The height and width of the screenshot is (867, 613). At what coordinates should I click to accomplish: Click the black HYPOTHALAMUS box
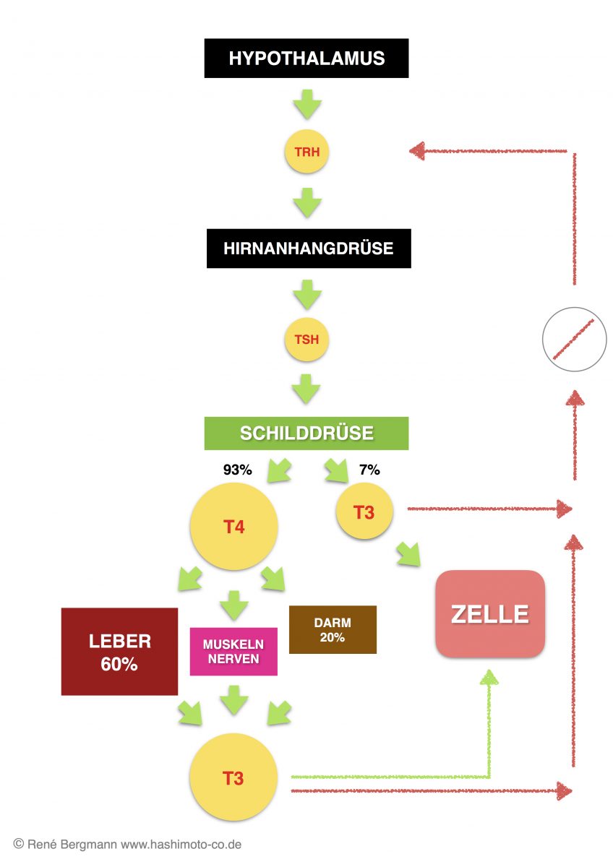pos(306,59)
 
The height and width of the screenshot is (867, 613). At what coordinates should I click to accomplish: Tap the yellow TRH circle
pos(306,152)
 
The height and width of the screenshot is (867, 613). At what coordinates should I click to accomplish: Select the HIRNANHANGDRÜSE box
pos(308,249)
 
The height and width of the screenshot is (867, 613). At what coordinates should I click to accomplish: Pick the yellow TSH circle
pos(306,340)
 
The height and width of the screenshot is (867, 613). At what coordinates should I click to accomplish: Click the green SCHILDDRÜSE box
pos(306,433)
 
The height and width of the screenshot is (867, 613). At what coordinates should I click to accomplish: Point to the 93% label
pos(237,470)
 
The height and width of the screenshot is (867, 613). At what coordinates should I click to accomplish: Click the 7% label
pos(369,470)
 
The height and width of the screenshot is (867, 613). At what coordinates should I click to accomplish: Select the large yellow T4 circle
pos(233,527)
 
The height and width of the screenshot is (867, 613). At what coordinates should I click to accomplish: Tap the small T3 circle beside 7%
pos(364,513)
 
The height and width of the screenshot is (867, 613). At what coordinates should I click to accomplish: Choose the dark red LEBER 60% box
pos(119,652)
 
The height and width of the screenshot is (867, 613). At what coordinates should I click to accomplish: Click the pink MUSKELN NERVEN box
pos(233,651)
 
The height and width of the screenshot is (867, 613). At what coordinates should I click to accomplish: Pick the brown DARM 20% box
pos(333,629)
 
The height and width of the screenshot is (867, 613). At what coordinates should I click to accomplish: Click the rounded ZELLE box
pos(489,614)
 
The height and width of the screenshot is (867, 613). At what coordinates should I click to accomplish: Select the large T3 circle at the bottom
pos(233,778)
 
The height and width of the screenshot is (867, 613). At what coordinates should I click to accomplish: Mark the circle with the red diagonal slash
pos(574,340)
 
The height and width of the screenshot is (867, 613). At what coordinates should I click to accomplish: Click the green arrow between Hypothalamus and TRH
pos(306,105)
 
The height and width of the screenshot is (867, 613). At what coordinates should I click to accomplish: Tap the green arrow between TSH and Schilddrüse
pos(306,388)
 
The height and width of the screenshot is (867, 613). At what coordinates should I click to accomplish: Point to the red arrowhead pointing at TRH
pos(417,151)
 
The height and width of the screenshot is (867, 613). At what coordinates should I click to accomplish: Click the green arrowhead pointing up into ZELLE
pos(489,677)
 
